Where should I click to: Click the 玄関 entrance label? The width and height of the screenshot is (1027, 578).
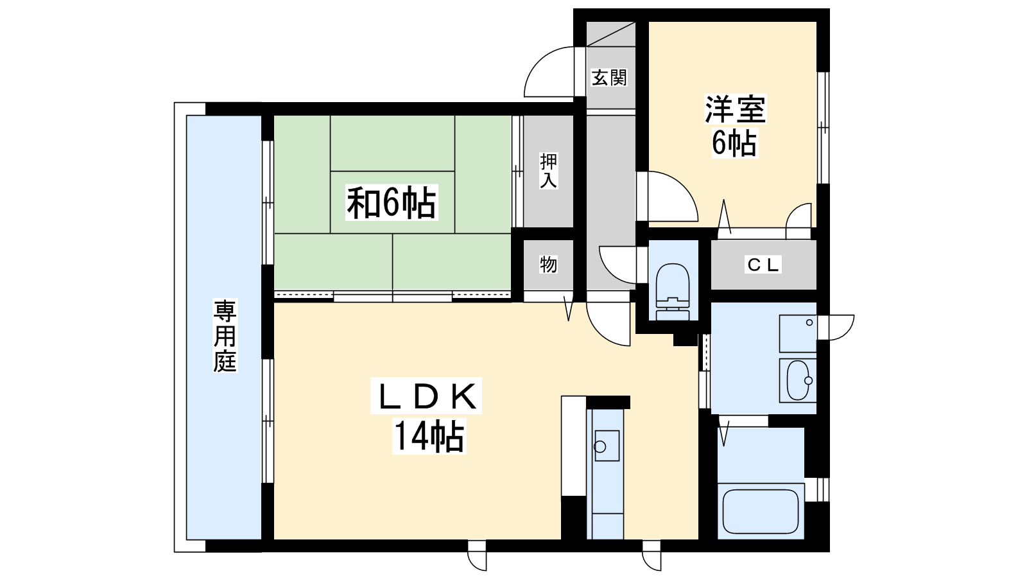(x=609, y=78)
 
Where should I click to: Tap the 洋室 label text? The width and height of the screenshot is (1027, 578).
(x=735, y=110)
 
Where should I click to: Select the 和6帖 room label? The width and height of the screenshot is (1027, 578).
(x=391, y=202)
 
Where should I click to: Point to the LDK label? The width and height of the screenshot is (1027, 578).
(x=426, y=396)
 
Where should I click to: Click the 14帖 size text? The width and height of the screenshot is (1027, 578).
(x=429, y=436)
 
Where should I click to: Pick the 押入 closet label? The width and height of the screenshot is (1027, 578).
(x=548, y=171)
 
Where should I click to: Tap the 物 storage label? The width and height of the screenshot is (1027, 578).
(x=548, y=265)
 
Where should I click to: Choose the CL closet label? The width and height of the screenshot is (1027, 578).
(x=763, y=265)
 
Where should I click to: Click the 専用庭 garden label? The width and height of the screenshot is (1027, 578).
(x=225, y=335)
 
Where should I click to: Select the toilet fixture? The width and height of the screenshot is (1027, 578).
(x=673, y=292)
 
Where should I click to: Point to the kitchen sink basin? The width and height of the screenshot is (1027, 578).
(x=607, y=446)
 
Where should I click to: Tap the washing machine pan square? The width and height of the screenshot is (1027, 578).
(x=798, y=334)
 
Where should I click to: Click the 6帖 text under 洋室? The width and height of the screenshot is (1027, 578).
(x=734, y=143)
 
